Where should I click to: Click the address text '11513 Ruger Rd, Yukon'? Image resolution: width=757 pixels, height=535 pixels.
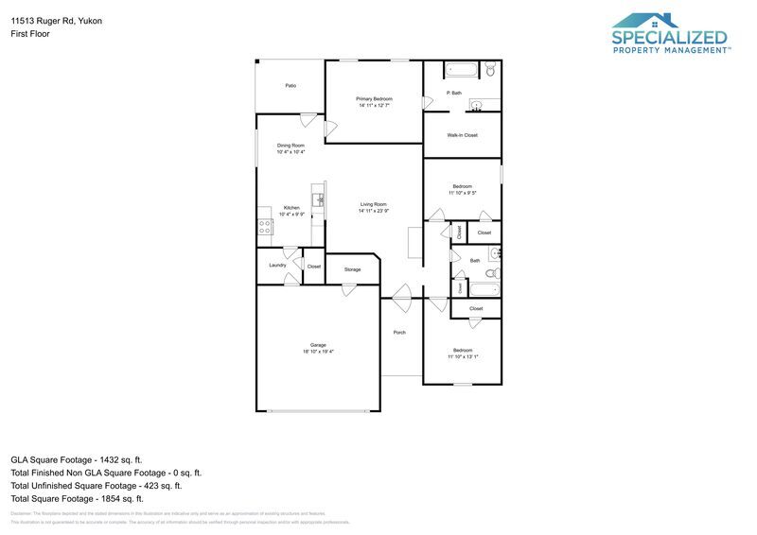57,20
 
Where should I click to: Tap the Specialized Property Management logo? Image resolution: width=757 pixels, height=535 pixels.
671,34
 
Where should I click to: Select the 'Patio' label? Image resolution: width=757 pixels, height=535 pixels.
290,86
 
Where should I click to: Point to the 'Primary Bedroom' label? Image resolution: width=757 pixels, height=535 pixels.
374,99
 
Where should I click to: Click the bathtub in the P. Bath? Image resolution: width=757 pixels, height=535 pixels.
462,70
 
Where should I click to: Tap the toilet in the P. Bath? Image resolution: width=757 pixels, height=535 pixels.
490,70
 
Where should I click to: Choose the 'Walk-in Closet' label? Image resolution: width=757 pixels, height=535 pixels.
462,135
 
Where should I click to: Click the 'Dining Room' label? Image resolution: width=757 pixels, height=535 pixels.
290,146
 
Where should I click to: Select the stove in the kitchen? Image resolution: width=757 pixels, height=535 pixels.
264,227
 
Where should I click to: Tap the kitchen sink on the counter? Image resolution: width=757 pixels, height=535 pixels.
320,199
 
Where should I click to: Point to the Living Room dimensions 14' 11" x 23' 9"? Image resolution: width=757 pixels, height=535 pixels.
373,211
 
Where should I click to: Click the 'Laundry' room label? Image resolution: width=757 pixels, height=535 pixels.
277,265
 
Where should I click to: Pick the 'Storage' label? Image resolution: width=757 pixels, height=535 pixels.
352,270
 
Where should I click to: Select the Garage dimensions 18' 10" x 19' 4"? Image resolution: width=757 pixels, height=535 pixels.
318,352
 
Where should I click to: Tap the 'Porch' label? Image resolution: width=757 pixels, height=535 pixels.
399,333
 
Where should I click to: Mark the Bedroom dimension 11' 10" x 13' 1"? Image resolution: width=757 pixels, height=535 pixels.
462,356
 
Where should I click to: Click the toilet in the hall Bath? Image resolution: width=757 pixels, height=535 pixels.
493,254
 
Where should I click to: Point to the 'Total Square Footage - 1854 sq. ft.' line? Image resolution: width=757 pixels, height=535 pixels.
77,498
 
